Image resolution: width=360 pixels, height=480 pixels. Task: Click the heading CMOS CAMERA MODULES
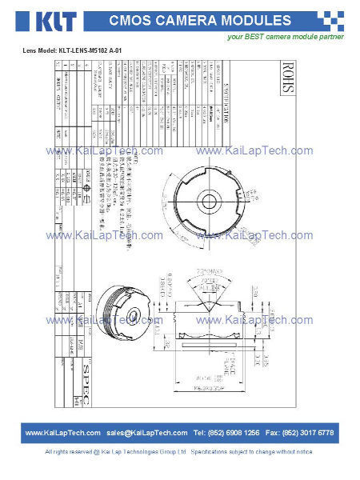200,20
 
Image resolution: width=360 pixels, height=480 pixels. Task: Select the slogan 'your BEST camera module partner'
286,37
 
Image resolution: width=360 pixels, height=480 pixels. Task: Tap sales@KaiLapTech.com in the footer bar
146,433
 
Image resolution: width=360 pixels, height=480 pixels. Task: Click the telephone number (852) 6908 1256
237,433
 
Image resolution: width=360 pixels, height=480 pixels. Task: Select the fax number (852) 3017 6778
310,433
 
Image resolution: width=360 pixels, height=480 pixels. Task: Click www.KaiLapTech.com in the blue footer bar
62,433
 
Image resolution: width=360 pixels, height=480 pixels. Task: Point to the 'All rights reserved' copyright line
180,452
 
